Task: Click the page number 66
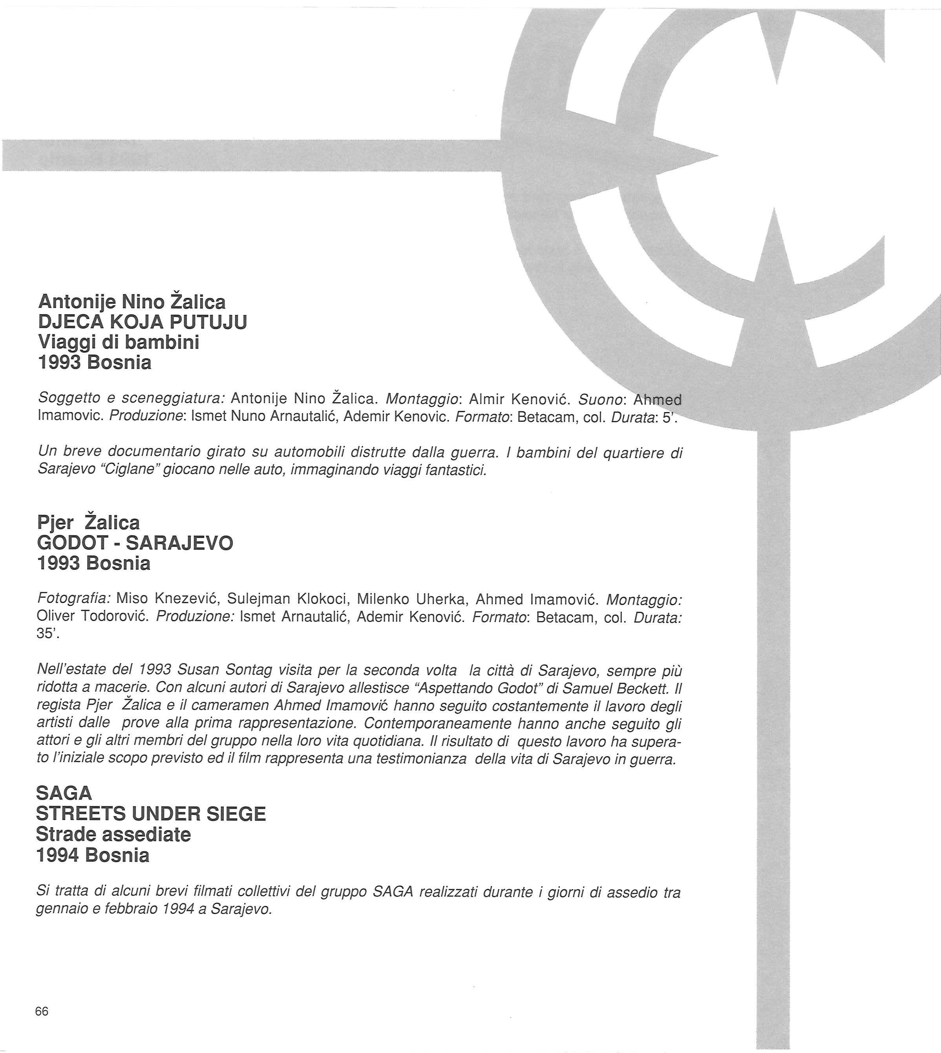click(x=42, y=1011)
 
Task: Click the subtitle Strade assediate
click(x=113, y=834)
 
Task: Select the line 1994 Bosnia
click(x=93, y=855)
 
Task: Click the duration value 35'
click(x=48, y=634)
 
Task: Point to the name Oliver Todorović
click(x=93, y=617)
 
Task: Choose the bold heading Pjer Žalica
click(x=88, y=522)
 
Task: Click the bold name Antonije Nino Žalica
click(x=132, y=302)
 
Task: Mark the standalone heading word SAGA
click(x=64, y=793)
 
